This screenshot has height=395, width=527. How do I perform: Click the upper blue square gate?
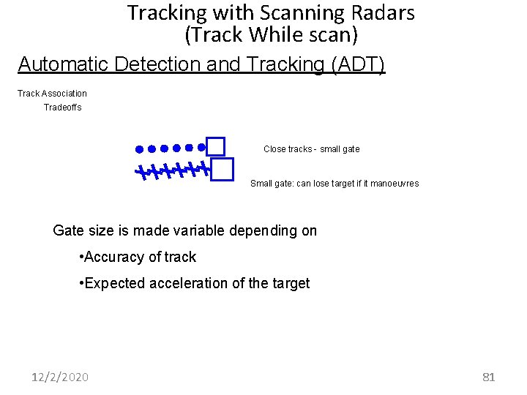coord(215,146)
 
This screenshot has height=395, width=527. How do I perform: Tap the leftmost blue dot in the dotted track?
coord(138,148)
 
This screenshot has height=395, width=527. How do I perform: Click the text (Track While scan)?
coord(271,34)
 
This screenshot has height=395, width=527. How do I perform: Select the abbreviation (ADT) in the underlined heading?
coord(358,64)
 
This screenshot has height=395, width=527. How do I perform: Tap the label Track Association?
coord(52,94)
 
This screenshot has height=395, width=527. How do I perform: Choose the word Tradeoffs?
coord(62,108)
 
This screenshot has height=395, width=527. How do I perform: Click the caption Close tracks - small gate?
coord(311,149)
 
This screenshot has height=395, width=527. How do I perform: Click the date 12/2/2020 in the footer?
coord(60,377)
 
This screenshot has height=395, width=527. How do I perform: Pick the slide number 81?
coord(489,377)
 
